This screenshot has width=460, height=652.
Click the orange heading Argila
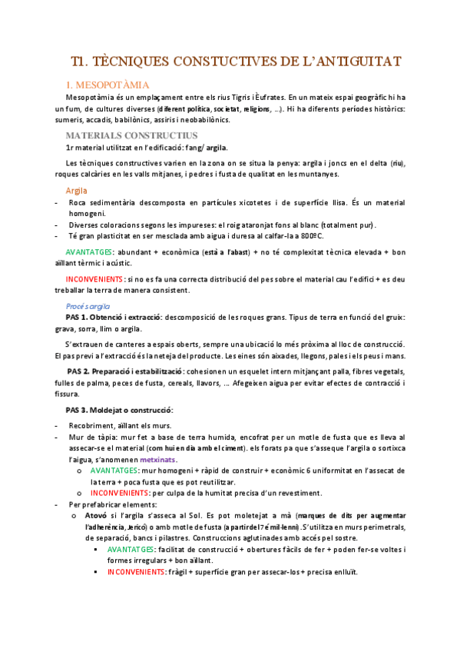click(77, 190)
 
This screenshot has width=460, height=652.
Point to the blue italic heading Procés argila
click(89, 305)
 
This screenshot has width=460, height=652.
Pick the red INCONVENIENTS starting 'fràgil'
click(137, 572)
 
